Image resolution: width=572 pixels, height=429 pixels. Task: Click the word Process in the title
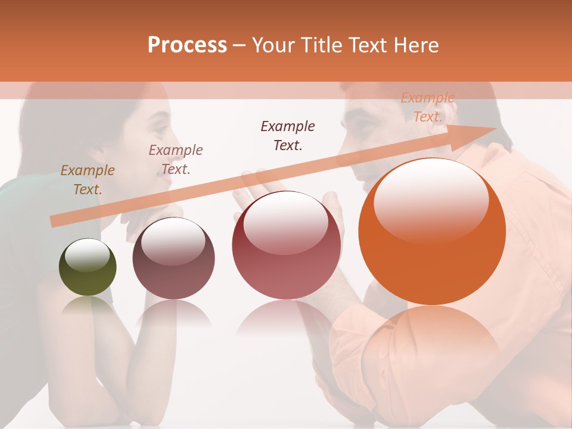tap(187, 45)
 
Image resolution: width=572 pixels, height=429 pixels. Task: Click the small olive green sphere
tap(88, 267)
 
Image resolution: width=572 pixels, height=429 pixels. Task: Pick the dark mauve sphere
tap(173, 258)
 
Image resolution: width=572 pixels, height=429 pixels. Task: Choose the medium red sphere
tap(287, 245)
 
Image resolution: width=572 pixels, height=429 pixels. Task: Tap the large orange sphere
tap(432, 232)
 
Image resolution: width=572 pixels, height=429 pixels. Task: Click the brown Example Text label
tap(88, 180)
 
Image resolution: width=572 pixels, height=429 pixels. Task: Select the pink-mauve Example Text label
tap(176, 160)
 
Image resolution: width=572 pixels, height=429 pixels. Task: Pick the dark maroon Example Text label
tap(288, 136)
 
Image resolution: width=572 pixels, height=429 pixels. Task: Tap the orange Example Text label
tap(428, 107)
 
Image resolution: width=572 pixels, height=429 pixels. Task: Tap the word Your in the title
tap(271, 45)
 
